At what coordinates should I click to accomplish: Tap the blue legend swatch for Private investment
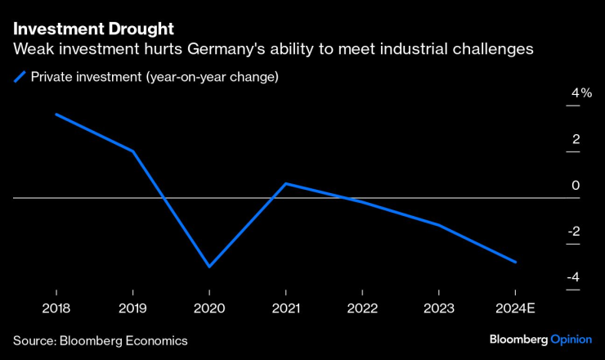20,78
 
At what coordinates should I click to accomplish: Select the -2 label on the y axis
575,232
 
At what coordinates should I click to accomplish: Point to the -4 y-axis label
575,277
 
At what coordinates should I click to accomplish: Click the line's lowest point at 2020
209,267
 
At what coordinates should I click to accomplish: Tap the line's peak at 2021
285,183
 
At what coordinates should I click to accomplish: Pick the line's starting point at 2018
56,114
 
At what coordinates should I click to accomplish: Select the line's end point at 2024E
515,262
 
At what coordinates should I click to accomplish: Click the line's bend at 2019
132,151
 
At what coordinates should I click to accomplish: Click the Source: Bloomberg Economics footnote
101,340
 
